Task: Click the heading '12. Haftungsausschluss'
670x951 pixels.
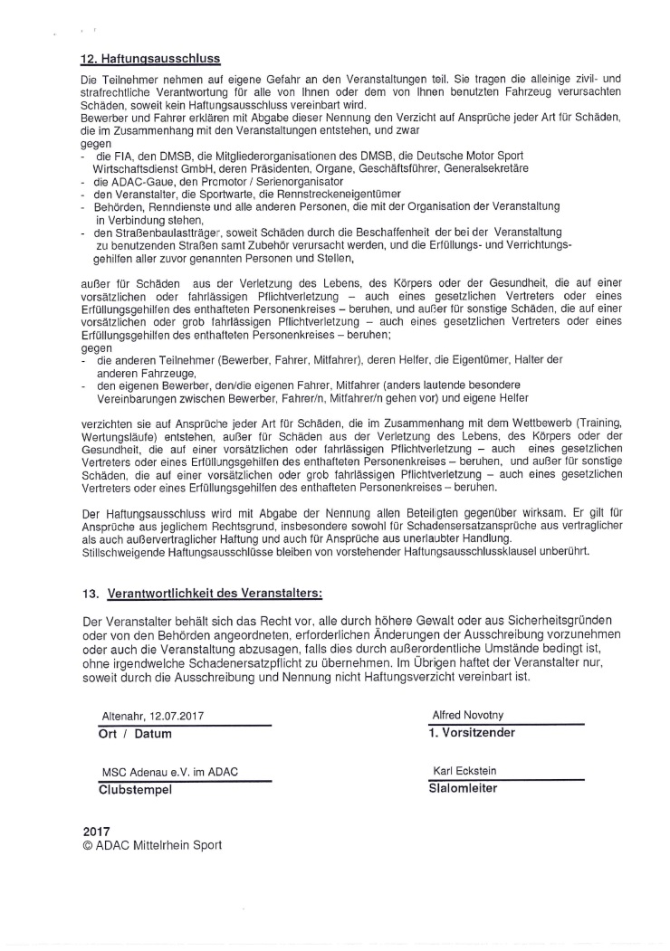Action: click(x=150, y=60)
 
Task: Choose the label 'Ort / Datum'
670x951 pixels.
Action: click(x=134, y=734)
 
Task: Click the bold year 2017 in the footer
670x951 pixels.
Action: click(x=96, y=831)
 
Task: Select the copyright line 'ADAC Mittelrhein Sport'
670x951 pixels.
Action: click(x=158, y=846)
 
